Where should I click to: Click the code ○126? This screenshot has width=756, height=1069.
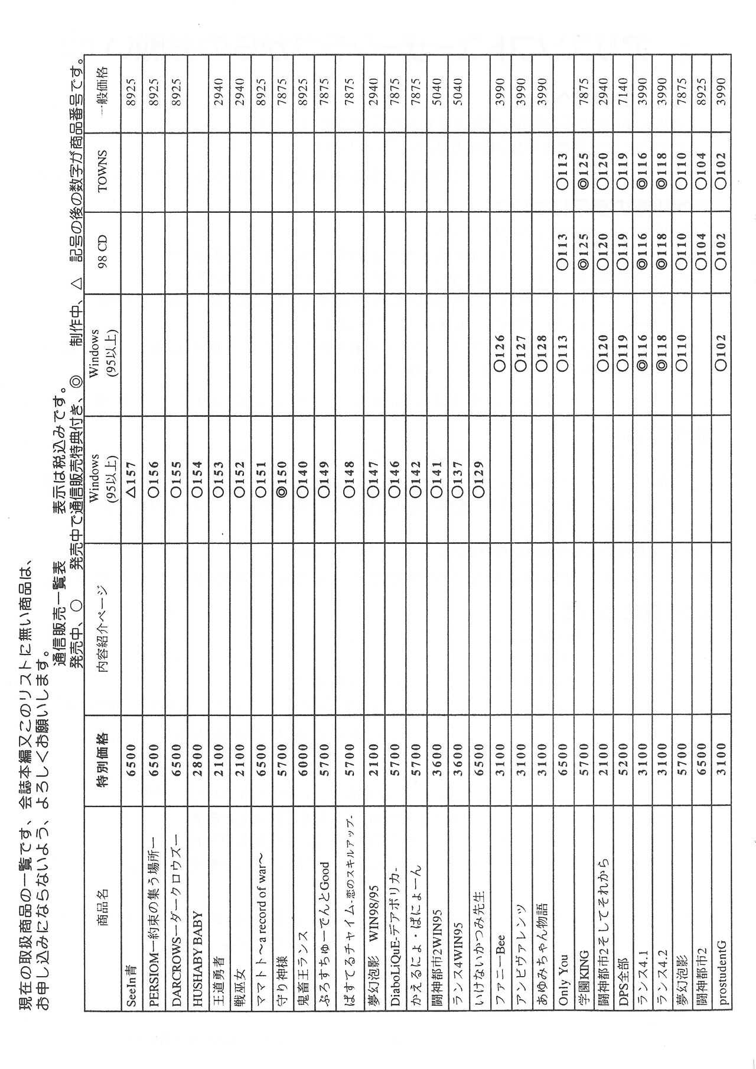(500, 352)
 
